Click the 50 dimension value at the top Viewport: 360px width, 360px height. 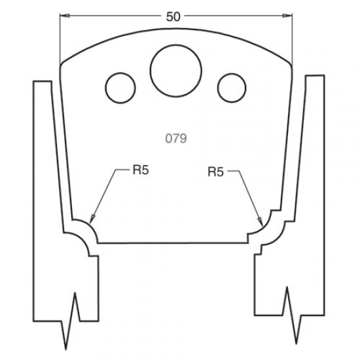tap(173, 17)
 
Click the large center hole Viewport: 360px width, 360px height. tap(175, 68)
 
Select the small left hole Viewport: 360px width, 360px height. tap(120, 86)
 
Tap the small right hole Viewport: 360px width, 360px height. tap(231, 86)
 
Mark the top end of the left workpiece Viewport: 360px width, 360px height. tap(42, 81)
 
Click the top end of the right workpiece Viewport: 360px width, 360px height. tap(314, 77)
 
